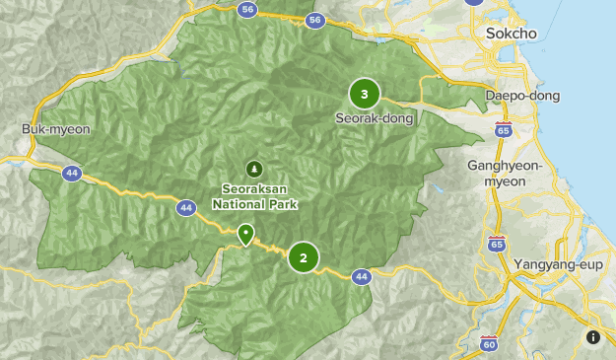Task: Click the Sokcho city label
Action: [x=512, y=34]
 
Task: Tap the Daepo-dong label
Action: [x=522, y=96]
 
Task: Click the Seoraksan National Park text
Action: [x=254, y=197]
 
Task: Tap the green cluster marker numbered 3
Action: [x=365, y=94]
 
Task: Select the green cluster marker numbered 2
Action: [x=304, y=258]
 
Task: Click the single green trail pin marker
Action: [x=245, y=235]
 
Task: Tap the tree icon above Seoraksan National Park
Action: [x=254, y=169]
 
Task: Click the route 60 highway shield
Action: [x=489, y=344]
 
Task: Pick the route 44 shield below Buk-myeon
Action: [x=71, y=173]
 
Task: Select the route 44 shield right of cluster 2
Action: [x=362, y=276]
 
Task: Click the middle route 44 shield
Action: [x=185, y=207]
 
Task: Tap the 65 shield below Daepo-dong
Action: [x=504, y=129]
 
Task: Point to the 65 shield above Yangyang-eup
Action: [x=497, y=244]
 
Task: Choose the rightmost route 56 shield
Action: [x=314, y=20]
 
